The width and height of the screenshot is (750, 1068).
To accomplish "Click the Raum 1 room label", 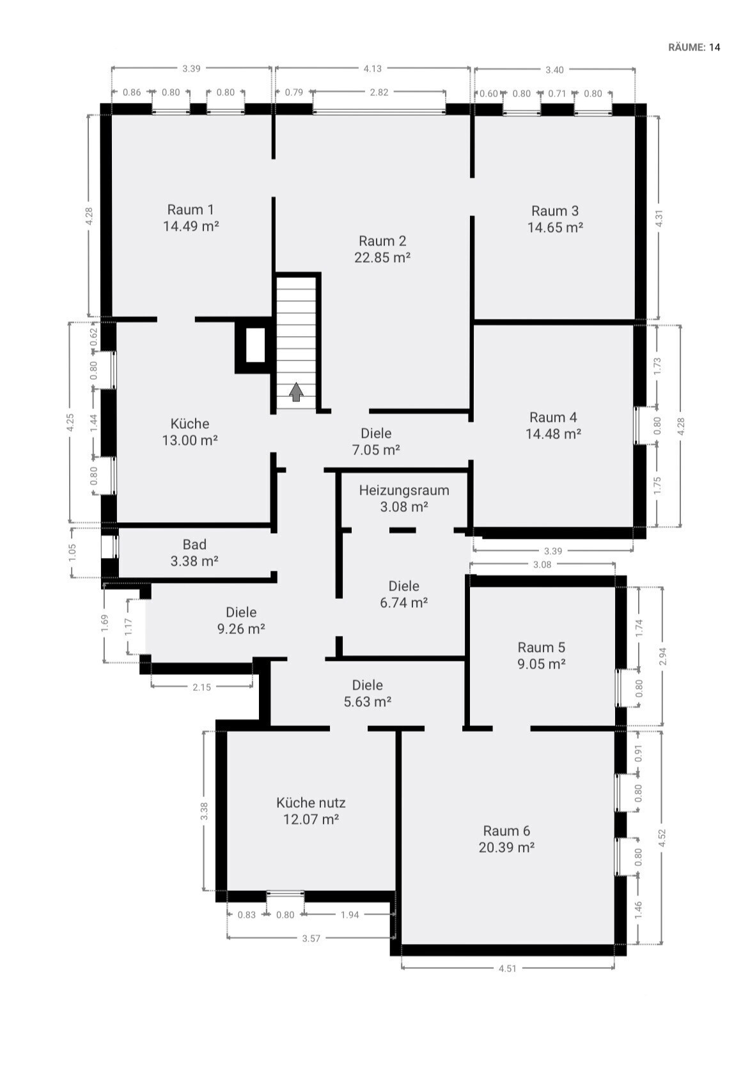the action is [191, 209].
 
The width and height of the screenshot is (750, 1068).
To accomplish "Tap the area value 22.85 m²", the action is [382, 258].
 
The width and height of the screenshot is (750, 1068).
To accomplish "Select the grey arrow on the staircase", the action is [296, 391].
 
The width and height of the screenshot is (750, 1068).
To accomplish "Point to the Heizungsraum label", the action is [403, 490].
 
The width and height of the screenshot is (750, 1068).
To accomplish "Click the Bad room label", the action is [194, 545].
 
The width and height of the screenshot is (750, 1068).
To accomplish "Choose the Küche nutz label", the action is [311, 803].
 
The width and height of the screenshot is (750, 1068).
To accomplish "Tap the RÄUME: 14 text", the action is [694, 47].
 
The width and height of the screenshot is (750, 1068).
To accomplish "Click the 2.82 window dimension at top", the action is [379, 93].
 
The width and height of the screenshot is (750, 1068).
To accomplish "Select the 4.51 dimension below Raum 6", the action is [507, 968].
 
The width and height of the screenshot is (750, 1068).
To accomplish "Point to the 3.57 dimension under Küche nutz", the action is [311, 938].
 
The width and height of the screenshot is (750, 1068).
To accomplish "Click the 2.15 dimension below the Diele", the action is [201, 687].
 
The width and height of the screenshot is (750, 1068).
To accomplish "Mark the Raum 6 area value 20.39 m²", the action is [506, 847].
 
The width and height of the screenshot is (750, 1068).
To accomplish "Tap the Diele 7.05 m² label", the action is [376, 442].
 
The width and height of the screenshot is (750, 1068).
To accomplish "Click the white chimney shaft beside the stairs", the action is [255, 345].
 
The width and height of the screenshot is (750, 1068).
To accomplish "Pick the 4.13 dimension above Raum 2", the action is [373, 68].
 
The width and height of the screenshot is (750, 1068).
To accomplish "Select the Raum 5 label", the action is [541, 647].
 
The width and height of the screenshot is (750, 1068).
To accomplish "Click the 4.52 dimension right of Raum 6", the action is [661, 838].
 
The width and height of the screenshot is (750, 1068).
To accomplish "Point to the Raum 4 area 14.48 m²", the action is [554, 434].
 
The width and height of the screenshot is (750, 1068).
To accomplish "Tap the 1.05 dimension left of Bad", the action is [72, 553].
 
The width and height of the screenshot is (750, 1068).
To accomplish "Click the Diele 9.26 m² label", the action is [241, 621].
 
